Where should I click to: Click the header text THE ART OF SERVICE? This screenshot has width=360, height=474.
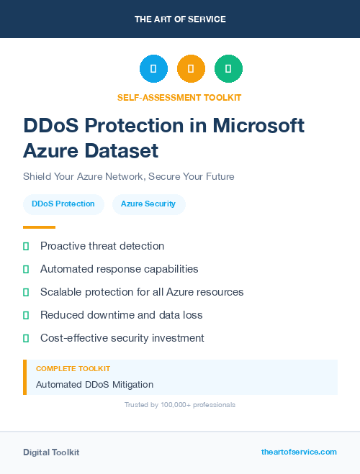(180, 19)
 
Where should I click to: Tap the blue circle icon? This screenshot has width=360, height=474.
(153, 69)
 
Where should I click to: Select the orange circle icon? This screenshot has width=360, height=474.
(191, 69)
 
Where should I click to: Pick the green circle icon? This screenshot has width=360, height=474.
(228, 69)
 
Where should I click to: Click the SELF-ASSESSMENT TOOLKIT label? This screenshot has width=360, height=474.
(179, 97)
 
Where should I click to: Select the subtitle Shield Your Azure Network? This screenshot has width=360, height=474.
(129, 176)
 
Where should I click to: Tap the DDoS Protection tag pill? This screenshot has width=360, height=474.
(63, 204)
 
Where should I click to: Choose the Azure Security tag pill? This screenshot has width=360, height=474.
(148, 204)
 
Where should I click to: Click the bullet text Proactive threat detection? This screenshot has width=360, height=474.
(102, 246)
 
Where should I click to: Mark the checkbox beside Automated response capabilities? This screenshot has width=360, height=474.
(26, 269)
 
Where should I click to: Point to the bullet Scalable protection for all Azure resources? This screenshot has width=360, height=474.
(142, 292)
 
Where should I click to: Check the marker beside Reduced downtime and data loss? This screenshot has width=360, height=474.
(26, 315)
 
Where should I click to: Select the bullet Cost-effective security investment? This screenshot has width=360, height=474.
(122, 338)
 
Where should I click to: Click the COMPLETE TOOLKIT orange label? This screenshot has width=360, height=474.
(73, 368)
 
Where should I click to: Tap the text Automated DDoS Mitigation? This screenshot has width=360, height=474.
(94, 385)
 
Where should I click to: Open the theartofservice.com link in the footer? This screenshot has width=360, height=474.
(299, 452)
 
